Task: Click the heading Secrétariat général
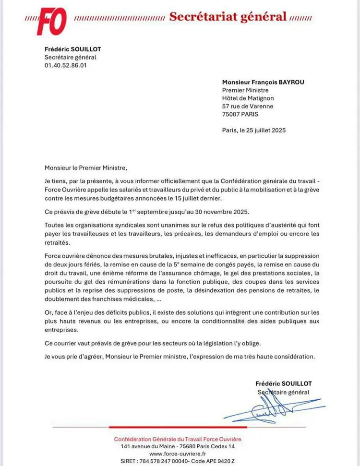227,17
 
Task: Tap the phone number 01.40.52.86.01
65,66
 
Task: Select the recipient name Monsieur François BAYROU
263,82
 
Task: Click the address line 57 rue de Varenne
248,106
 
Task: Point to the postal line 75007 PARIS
240,114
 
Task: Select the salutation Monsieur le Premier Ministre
86,167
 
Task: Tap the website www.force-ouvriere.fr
178,454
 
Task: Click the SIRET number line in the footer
178,461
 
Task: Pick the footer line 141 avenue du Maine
178,446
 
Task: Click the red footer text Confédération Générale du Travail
178,439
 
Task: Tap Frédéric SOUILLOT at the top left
73,49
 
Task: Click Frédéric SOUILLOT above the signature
283,383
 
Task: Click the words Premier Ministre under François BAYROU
245,90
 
